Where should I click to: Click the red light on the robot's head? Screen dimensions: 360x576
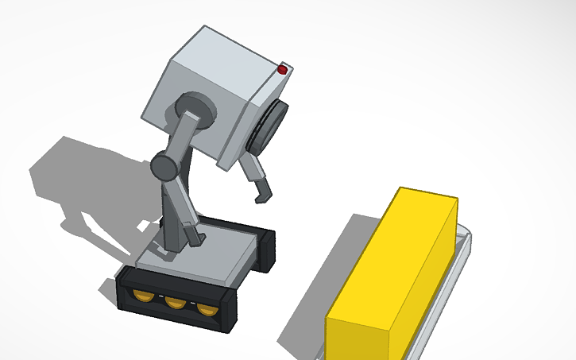[282, 71]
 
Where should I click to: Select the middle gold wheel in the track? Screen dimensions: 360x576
[175, 302]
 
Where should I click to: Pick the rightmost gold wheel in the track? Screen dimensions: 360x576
[207, 308]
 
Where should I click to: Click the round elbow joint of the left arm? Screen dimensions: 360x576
[164, 167]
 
